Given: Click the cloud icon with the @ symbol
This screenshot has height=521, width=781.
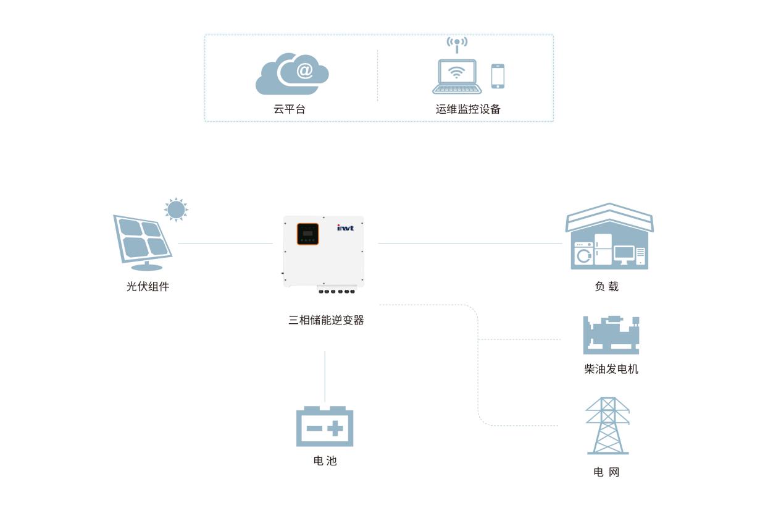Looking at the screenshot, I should (292, 74).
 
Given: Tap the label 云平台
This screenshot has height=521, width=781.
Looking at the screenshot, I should (290, 109).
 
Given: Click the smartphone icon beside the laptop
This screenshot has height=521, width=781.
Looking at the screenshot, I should (498, 76).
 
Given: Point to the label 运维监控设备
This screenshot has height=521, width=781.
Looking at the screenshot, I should (468, 109).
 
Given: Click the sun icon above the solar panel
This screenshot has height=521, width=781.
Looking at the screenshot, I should (176, 210).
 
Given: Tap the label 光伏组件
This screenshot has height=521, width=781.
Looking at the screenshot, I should (148, 287).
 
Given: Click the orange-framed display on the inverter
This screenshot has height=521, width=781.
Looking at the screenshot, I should (308, 234).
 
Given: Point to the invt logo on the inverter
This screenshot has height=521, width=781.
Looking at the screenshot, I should (345, 228).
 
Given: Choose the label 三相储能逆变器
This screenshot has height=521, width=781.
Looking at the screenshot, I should (326, 320).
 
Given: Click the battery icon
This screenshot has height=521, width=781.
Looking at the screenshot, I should (325, 426).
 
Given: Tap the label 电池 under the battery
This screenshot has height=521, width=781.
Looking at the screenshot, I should (325, 461).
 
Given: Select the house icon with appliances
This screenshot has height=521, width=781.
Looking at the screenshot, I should (609, 237).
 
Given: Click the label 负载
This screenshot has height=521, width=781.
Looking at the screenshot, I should (606, 287).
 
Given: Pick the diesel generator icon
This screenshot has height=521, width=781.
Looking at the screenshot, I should (611, 335).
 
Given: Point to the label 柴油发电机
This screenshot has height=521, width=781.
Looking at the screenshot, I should (611, 370).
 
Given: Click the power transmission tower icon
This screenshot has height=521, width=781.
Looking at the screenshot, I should (608, 426).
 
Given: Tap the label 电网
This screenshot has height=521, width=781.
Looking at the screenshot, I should (606, 472).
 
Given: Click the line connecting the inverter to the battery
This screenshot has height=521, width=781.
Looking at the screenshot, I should (325, 376).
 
